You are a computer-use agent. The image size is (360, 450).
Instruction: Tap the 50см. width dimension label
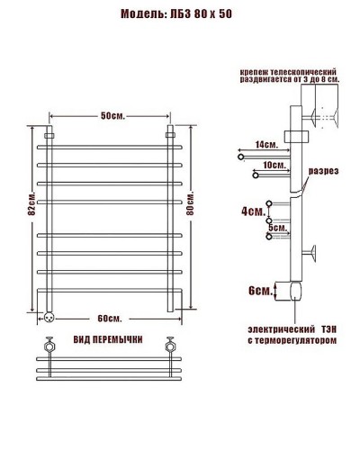(112, 115)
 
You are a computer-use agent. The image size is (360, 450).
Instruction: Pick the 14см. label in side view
(266, 145)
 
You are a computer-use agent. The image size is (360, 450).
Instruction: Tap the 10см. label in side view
(274, 166)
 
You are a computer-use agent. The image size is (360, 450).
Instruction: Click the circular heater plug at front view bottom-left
(48, 317)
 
